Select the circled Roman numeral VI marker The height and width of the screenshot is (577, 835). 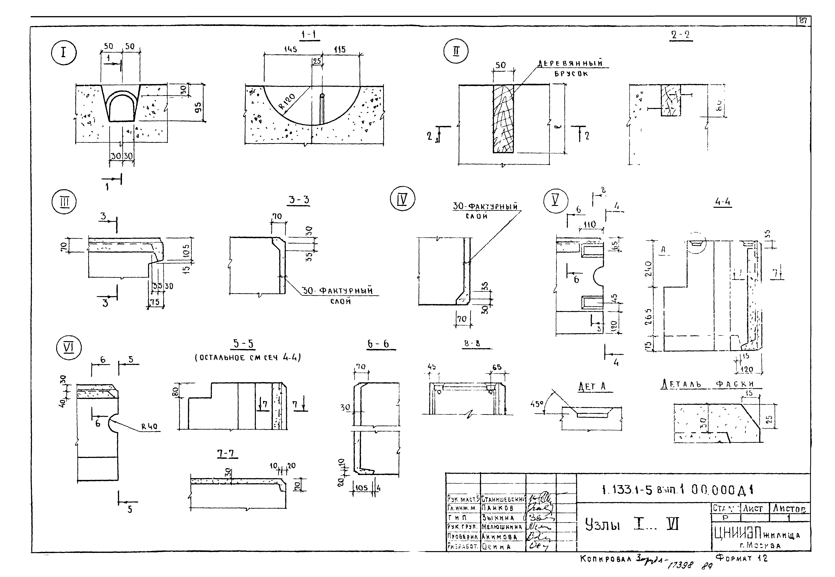(69, 348)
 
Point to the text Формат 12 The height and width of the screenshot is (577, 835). (741, 558)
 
